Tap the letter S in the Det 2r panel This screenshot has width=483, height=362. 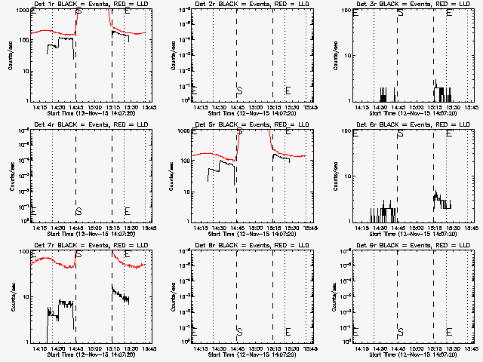pos(239,90)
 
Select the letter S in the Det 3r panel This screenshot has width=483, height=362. pos(400,12)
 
